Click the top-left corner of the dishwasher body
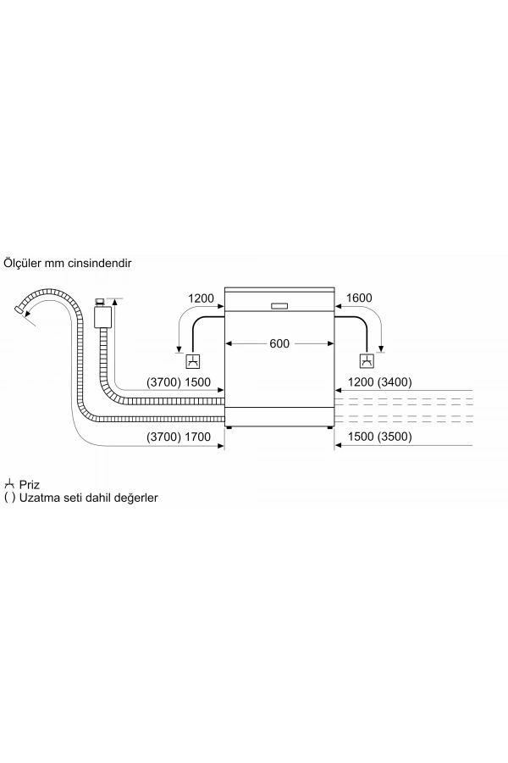coord(224,287)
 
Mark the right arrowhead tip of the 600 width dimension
coord(334,343)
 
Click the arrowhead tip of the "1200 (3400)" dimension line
coord(335,390)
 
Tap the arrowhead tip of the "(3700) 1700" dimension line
coord(224,445)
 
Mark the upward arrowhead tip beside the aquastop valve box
coord(115,298)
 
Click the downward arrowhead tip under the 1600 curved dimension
coord(381,351)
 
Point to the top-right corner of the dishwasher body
coord(335,287)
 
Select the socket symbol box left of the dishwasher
coord(194,361)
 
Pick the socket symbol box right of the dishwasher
coord(367,361)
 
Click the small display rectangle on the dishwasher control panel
coord(279,306)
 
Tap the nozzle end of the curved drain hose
coord(19,309)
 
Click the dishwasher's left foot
coord(229,428)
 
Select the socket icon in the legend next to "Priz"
coord(9,484)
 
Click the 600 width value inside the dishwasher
coord(279,343)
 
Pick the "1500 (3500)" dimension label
coord(379,437)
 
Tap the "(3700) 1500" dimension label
coord(179,382)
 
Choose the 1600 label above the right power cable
coord(359,298)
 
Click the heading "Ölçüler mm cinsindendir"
coord(68,263)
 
